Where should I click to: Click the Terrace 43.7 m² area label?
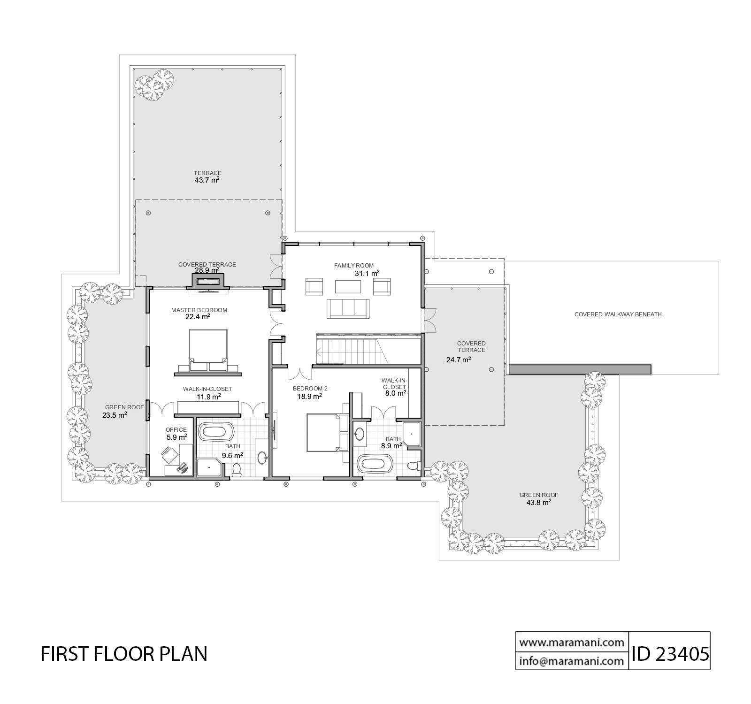coord(207,176)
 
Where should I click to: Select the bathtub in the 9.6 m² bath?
coord(216,431)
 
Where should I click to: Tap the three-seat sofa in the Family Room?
coord(348,308)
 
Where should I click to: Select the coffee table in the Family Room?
coord(348,287)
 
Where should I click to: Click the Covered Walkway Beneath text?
coord(618,314)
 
